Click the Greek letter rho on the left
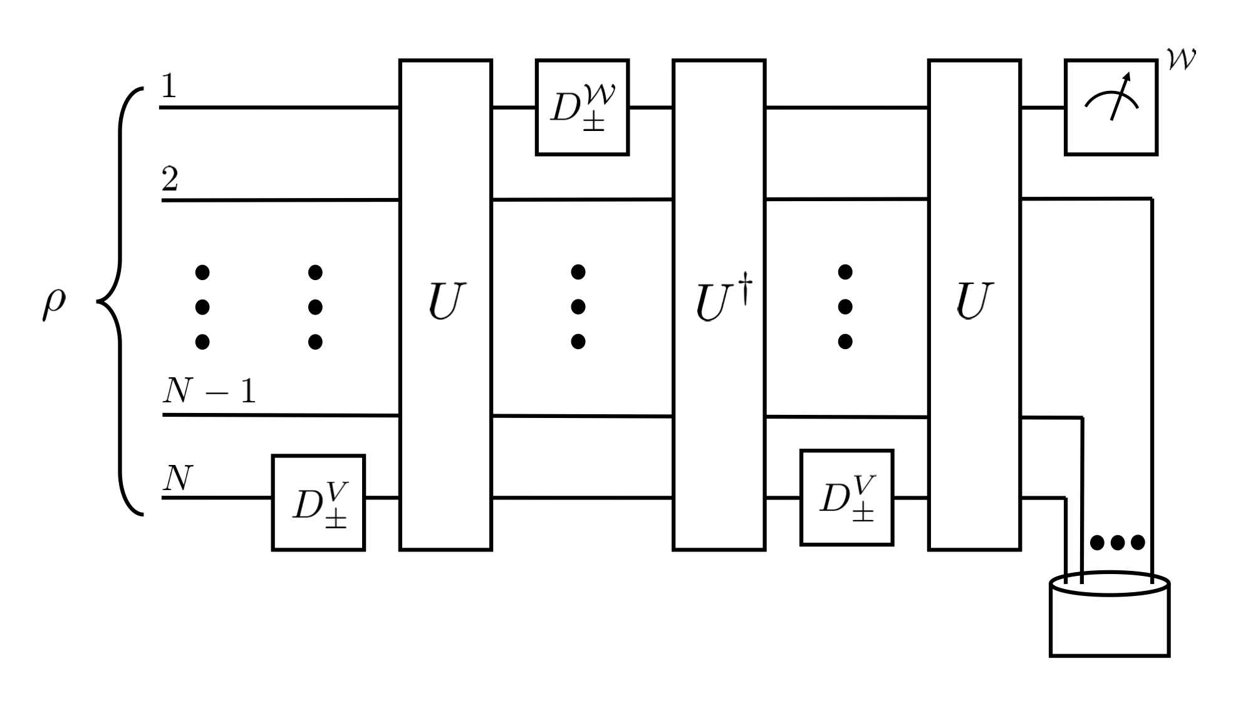click(54, 305)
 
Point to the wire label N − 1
click(209, 392)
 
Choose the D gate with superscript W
click(582, 107)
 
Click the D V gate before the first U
click(318, 503)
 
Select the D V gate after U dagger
click(846, 498)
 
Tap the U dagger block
click(719, 305)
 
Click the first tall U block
click(445, 305)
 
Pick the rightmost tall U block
click(974, 305)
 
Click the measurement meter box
click(1111, 107)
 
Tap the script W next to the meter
click(1181, 59)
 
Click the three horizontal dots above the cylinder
click(1118, 542)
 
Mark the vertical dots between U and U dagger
click(578, 306)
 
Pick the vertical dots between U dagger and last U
click(845, 306)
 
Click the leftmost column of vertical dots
click(202, 306)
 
